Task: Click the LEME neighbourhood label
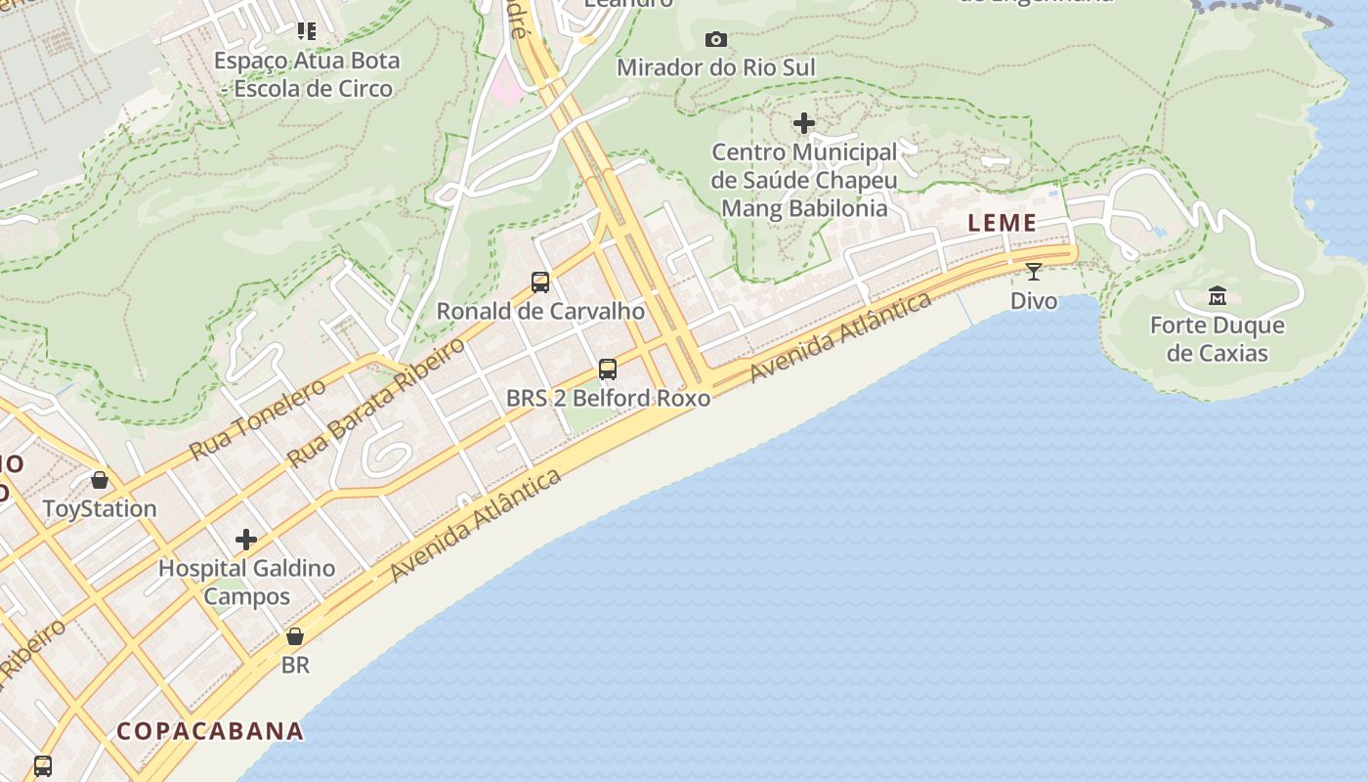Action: coord(1002,223)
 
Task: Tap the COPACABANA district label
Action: coord(210,731)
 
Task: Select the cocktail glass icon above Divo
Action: coord(1034,271)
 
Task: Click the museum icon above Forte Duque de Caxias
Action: coord(1218,295)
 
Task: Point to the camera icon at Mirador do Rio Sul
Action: coord(716,39)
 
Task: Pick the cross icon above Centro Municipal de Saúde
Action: coord(804,123)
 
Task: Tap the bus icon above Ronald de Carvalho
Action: coord(540,282)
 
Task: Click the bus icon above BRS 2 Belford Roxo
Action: coord(608,369)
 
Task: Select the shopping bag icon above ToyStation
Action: coord(100,480)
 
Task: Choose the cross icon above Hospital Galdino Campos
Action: coord(246,540)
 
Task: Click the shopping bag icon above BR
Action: coord(295,636)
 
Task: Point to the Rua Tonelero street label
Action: coord(258,419)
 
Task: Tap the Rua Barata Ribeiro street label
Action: coord(377,403)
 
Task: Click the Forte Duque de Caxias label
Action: coord(1217,339)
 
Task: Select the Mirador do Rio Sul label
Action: coord(715,67)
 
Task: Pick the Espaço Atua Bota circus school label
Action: coord(307,74)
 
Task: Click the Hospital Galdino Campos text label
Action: coord(246,582)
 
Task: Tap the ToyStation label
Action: coord(100,508)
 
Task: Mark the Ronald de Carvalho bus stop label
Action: coord(540,311)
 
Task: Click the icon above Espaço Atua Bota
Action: coord(307,31)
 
